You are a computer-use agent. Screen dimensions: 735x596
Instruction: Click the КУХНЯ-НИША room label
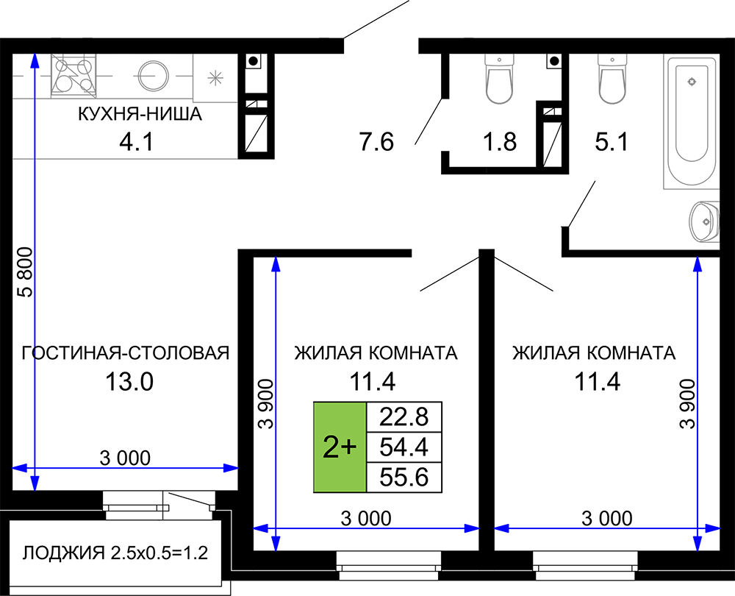(140, 114)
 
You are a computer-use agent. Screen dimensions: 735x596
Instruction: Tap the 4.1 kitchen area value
(137, 141)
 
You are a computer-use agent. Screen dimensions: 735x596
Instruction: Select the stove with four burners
(73, 76)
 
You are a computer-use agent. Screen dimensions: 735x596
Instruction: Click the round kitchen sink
(153, 76)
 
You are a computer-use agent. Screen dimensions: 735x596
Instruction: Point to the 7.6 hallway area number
(376, 141)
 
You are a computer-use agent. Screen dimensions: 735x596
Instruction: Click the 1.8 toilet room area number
(500, 141)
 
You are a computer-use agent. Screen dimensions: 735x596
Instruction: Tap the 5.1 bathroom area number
(612, 141)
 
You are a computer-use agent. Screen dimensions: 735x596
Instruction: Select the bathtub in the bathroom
(692, 121)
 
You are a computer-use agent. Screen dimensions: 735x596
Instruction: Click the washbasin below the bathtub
(704, 221)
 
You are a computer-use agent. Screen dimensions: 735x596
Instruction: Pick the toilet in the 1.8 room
(499, 78)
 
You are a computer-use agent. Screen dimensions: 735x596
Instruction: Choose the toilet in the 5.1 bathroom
(612, 78)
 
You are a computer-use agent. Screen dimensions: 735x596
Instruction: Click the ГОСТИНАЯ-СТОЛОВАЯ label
(126, 353)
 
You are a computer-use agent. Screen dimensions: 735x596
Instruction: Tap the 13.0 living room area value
(129, 382)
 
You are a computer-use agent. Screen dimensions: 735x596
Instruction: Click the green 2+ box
(340, 447)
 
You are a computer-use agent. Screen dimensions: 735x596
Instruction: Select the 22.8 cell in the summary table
(404, 416)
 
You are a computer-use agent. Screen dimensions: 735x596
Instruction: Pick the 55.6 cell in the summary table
(404, 478)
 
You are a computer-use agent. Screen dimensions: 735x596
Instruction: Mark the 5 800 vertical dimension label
(26, 272)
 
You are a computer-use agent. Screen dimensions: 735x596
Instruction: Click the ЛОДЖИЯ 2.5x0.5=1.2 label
(115, 553)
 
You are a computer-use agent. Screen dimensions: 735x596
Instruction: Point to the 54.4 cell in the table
(404, 447)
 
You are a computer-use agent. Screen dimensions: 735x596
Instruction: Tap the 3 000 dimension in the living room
(125, 458)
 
